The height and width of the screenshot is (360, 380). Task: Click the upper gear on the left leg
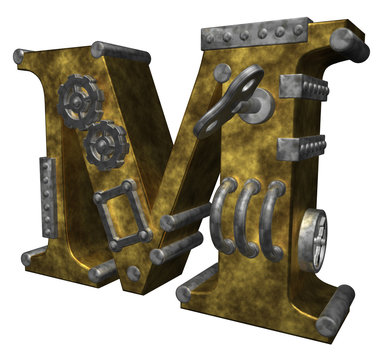(77, 101)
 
